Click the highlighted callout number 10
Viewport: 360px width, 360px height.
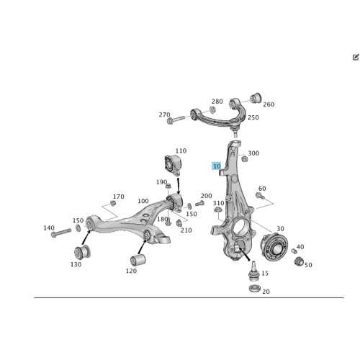pyautogui.click(x=217, y=166)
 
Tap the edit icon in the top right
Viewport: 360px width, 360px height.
pyautogui.click(x=356, y=57)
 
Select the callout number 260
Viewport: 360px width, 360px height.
pyautogui.click(x=269, y=104)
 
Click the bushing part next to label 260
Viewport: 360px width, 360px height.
pyautogui.click(x=256, y=97)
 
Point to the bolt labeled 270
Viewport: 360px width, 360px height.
pyautogui.click(x=176, y=120)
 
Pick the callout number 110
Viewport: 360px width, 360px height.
pyautogui.click(x=181, y=150)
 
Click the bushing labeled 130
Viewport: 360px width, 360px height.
pyautogui.click(x=82, y=252)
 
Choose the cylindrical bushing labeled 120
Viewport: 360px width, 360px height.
pyautogui.click(x=138, y=260)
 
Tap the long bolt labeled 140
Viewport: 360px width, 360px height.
pyautogui.click(x=61, y=233)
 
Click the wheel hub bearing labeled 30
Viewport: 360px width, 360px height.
pyautogui.click(x=274, y=247)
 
